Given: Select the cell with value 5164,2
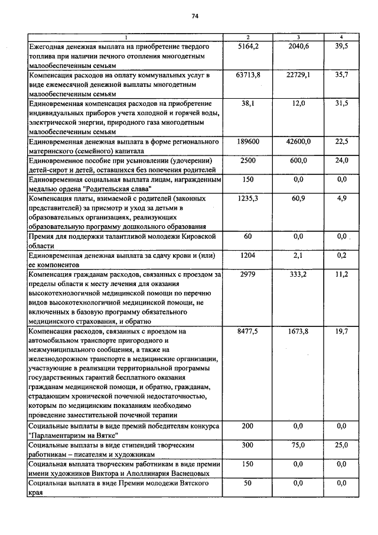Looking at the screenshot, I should pyautogui.click(x=248, y=46).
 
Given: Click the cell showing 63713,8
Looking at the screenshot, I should pyautogui.click(x=248, y=75).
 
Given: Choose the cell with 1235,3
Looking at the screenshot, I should pyautogui.click(x=248, y=199).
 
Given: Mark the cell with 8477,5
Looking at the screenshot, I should pyautogui.click(x=248, y=332).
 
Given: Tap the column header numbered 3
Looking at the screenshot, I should pyautogui.click(x=298, y=37).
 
